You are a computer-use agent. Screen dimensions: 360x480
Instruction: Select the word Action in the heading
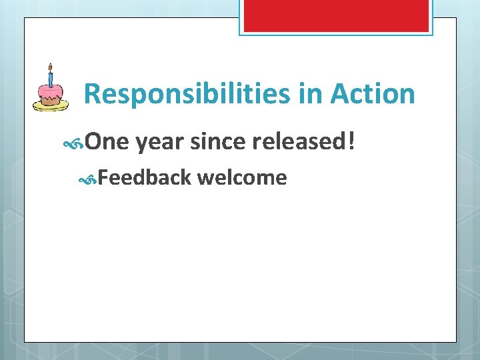pos(373,94)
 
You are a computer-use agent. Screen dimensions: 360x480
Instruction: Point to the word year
pos(159,142)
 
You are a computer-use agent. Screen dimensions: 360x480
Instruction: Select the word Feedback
pos(145,177)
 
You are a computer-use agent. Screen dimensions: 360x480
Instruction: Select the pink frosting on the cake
pos(50,91)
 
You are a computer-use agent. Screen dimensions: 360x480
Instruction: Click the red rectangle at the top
pos(335,15)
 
